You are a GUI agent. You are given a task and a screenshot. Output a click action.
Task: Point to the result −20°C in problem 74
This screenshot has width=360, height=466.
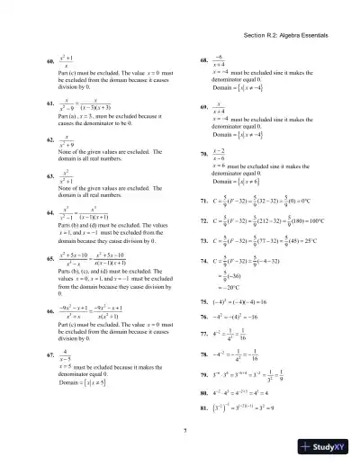pos(233,292)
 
